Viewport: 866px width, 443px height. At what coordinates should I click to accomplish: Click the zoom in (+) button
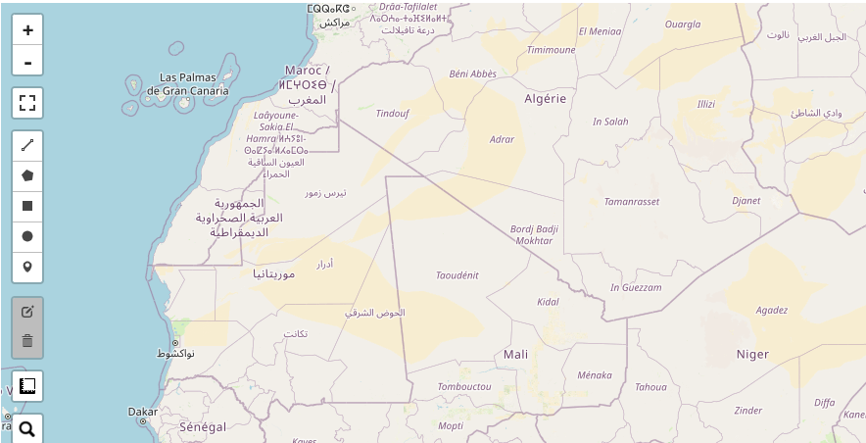click(27, 29)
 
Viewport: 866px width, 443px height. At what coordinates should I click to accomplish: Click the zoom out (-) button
click(27, 61)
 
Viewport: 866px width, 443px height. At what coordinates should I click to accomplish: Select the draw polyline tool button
click(27, 145)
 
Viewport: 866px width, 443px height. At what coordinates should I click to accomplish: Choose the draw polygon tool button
click(27, 175)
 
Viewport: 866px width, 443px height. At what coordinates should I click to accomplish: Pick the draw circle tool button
click(27, 236)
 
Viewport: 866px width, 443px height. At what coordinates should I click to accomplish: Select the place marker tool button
click(27, 267)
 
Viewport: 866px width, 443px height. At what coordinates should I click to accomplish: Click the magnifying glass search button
click(27, 428)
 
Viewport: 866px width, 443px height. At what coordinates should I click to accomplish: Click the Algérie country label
click(546, 99)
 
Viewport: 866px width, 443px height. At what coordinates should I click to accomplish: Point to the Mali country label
click(515, 354)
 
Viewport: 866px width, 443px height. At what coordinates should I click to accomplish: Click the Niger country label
click(752, 354)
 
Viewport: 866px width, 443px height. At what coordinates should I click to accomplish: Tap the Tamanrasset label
click(632, 201)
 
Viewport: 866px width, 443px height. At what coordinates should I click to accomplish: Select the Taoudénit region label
click(457, 275)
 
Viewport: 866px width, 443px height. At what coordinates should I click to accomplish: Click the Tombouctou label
click(464, 387)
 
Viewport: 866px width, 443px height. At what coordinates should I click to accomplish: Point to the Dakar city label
click(142, 413)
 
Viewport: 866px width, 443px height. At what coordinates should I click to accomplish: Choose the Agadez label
click(772, 311)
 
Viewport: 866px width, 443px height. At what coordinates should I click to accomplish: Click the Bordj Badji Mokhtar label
click(534, 235)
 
